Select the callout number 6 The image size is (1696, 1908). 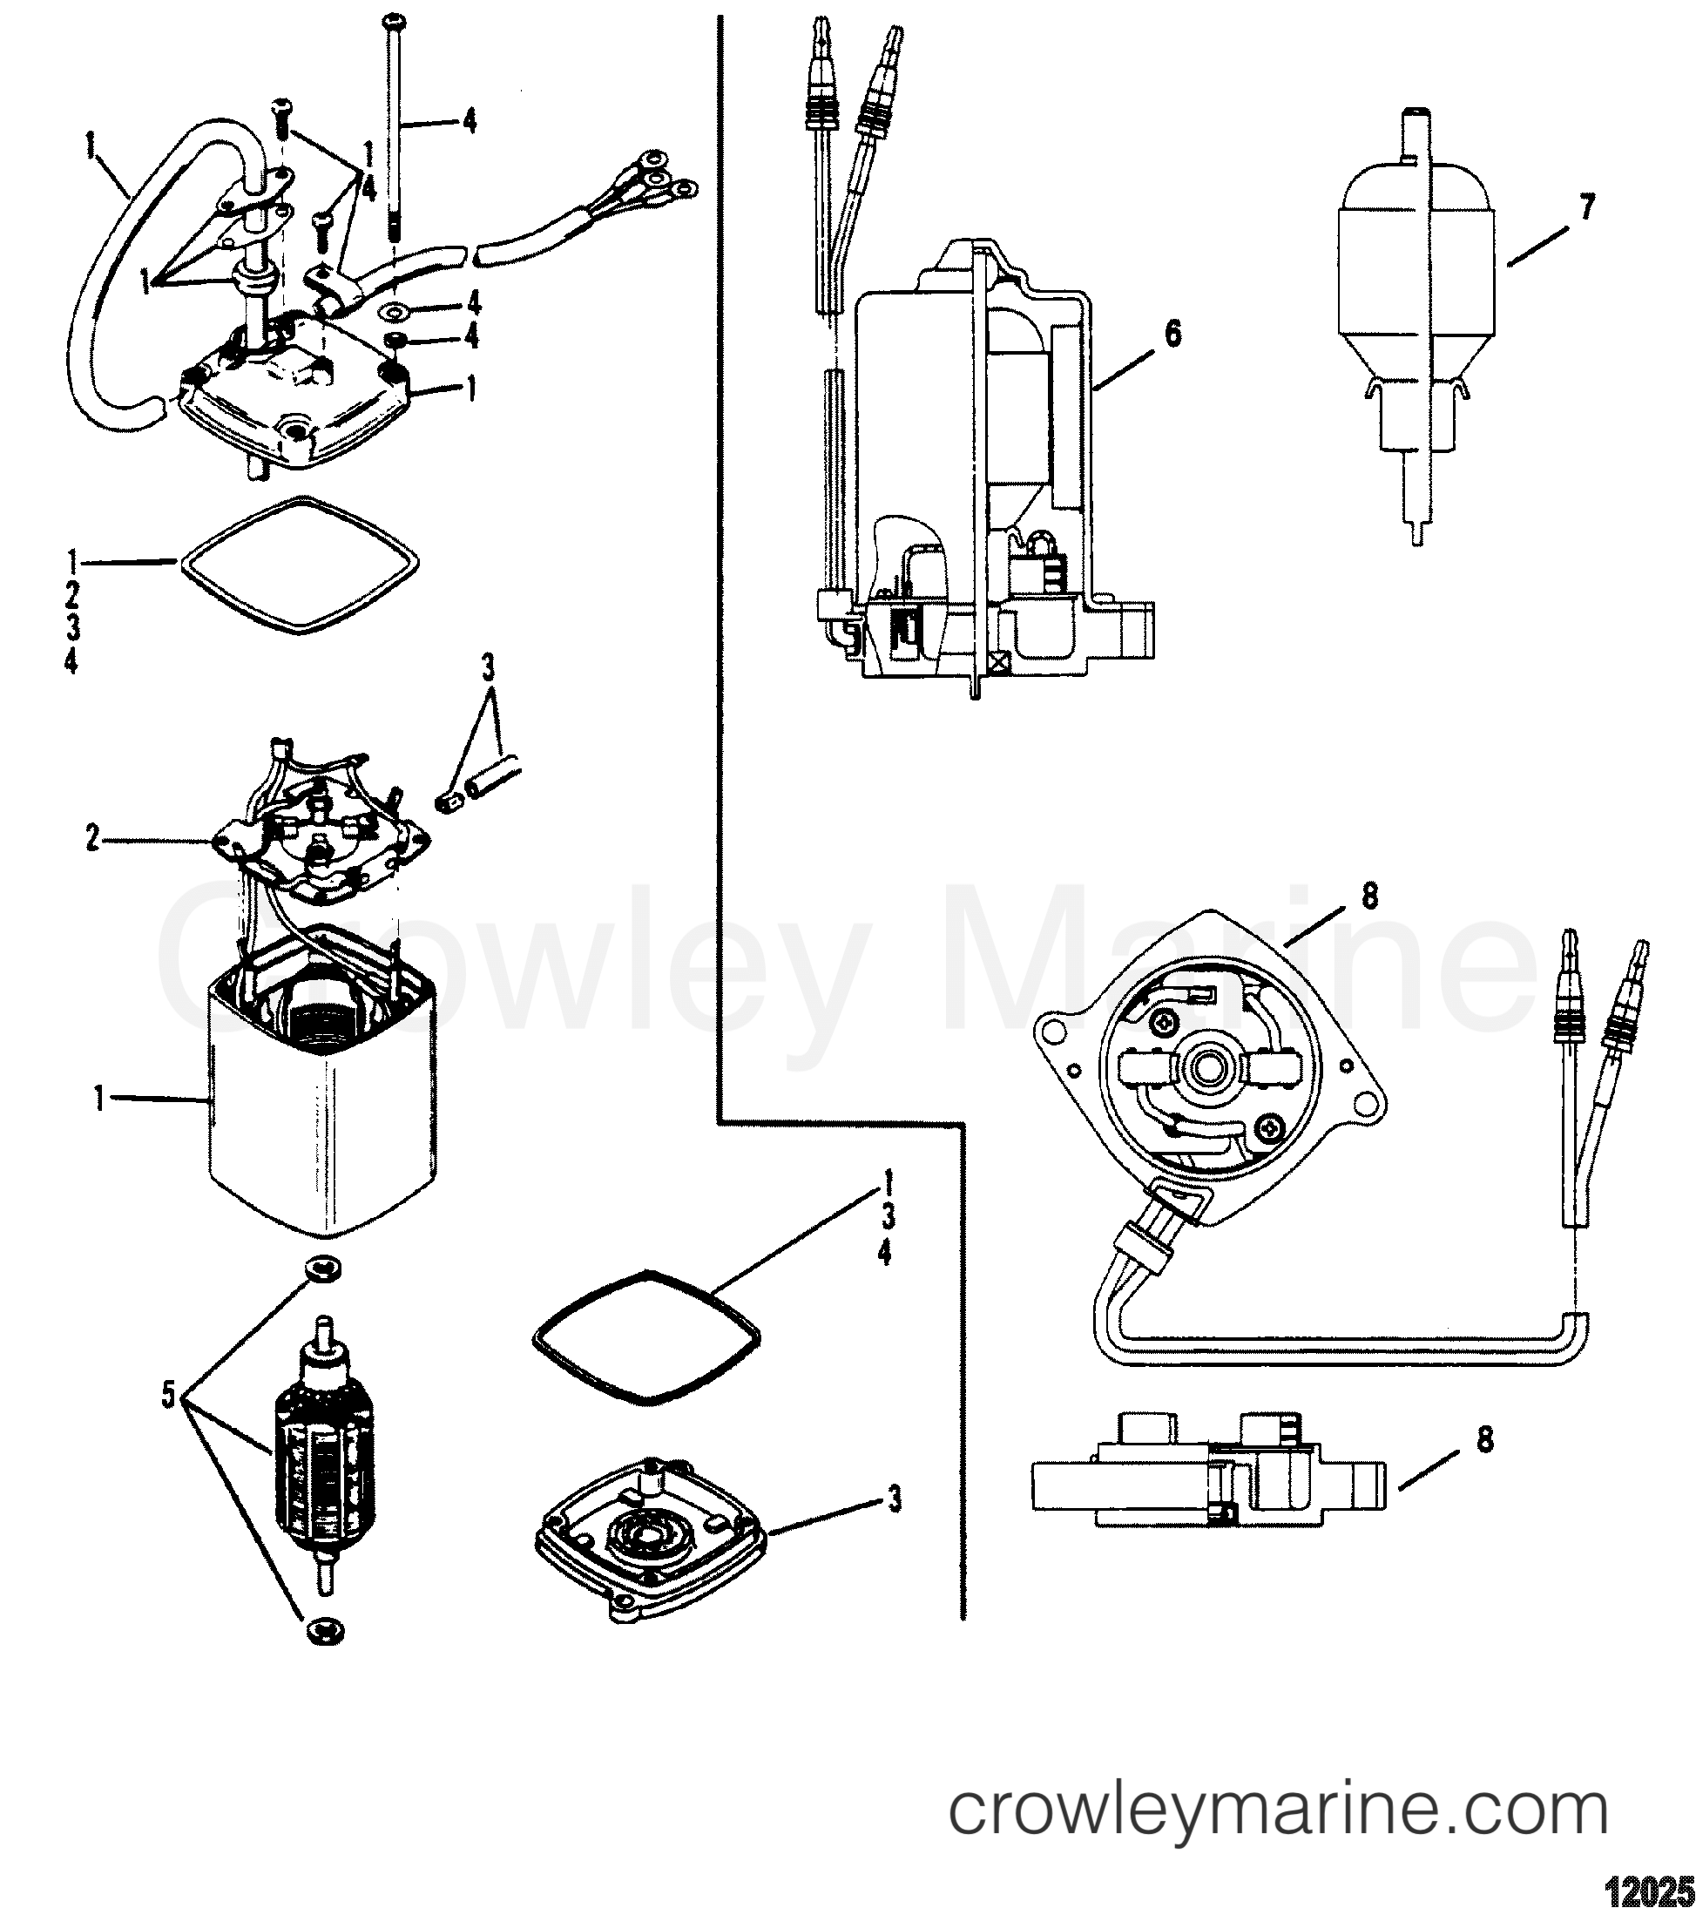(x=1172, y=333)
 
